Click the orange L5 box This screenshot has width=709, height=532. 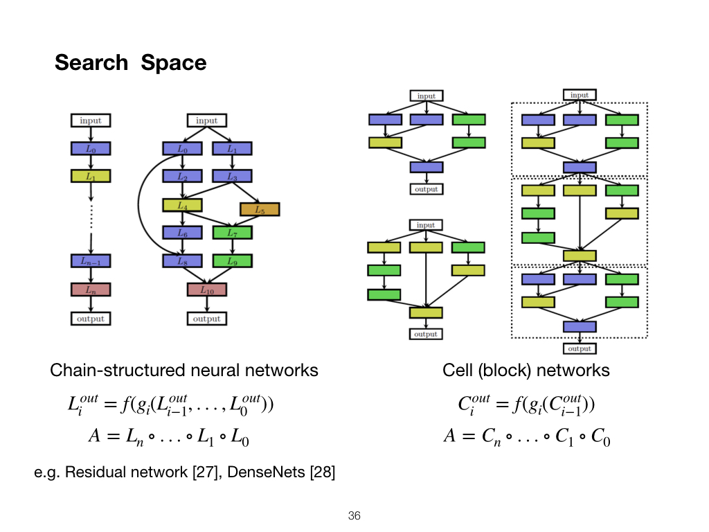pyautogui.click(x=260, y=209)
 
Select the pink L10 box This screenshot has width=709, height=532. pyautogui.click(x=206, y=290)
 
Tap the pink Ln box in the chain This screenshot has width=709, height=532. pyautogui.click(x=91, y=290)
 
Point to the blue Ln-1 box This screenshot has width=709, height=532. pyautogui.click(x=91, y=261)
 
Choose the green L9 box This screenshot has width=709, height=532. pyautogui.click(x=231, y=261)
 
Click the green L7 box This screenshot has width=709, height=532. pyautogui.click(x=231, y=233)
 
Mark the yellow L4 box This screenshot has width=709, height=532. pyautogui.click(x=182, y=205)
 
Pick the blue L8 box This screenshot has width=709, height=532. pyautogui.click(x=182, y=261)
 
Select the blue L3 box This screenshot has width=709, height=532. pyautogui.click(x=231, y=177)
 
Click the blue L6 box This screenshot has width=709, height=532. pyautogui.click(x=182, y=233)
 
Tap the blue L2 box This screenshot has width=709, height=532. pyautogui.click(x=182, y=177)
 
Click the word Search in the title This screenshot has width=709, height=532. pyautogui.click(x=91, y=63)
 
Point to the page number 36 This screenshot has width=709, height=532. pyautogui.click(x=354, y=516)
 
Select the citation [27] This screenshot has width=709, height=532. pyautogui.click(x=186, y=474)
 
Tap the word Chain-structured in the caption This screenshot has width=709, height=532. pyautogui.click(x=105, y=371)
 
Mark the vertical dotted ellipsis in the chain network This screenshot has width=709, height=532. pyautogui.click(x=91, y=211)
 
